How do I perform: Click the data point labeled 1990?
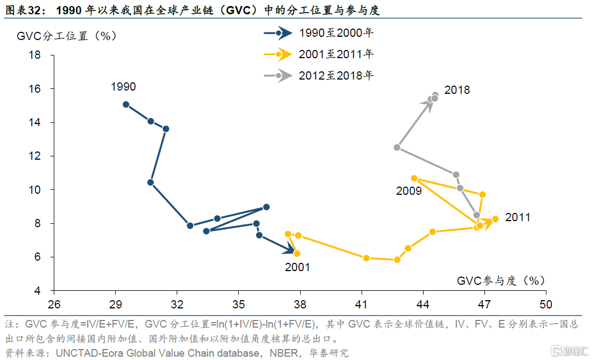pos(126,104)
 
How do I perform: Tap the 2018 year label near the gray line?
pos(457,90)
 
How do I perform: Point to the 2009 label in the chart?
pos(409,191)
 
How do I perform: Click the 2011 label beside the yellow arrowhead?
pos(517,217)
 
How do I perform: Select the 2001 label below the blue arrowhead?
pos(297,267)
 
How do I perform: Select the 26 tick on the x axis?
pos(54,303)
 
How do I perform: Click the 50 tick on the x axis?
pos(545,303)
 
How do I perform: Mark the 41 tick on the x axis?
pos(361,303)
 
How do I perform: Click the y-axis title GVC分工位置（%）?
pos(67,36)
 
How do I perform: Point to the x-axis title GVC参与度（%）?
pos(501,280)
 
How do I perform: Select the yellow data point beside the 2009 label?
pos(414,178)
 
